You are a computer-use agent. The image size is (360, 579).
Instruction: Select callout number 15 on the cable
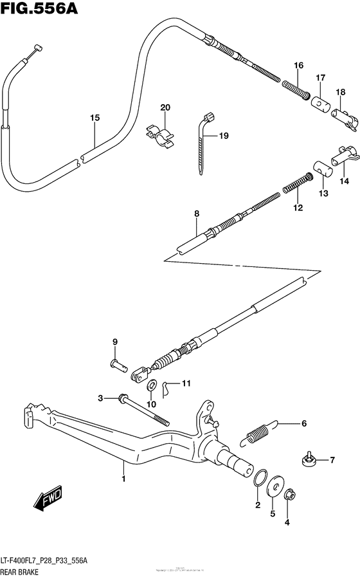tap(94, 118)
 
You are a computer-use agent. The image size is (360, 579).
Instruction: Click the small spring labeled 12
tap(293, 186)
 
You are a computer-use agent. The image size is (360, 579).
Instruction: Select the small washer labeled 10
tap(153, 386)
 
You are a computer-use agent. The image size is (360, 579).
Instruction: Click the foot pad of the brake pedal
tap(30, 414)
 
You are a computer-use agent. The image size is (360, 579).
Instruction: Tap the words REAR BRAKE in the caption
tap(24, 571)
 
